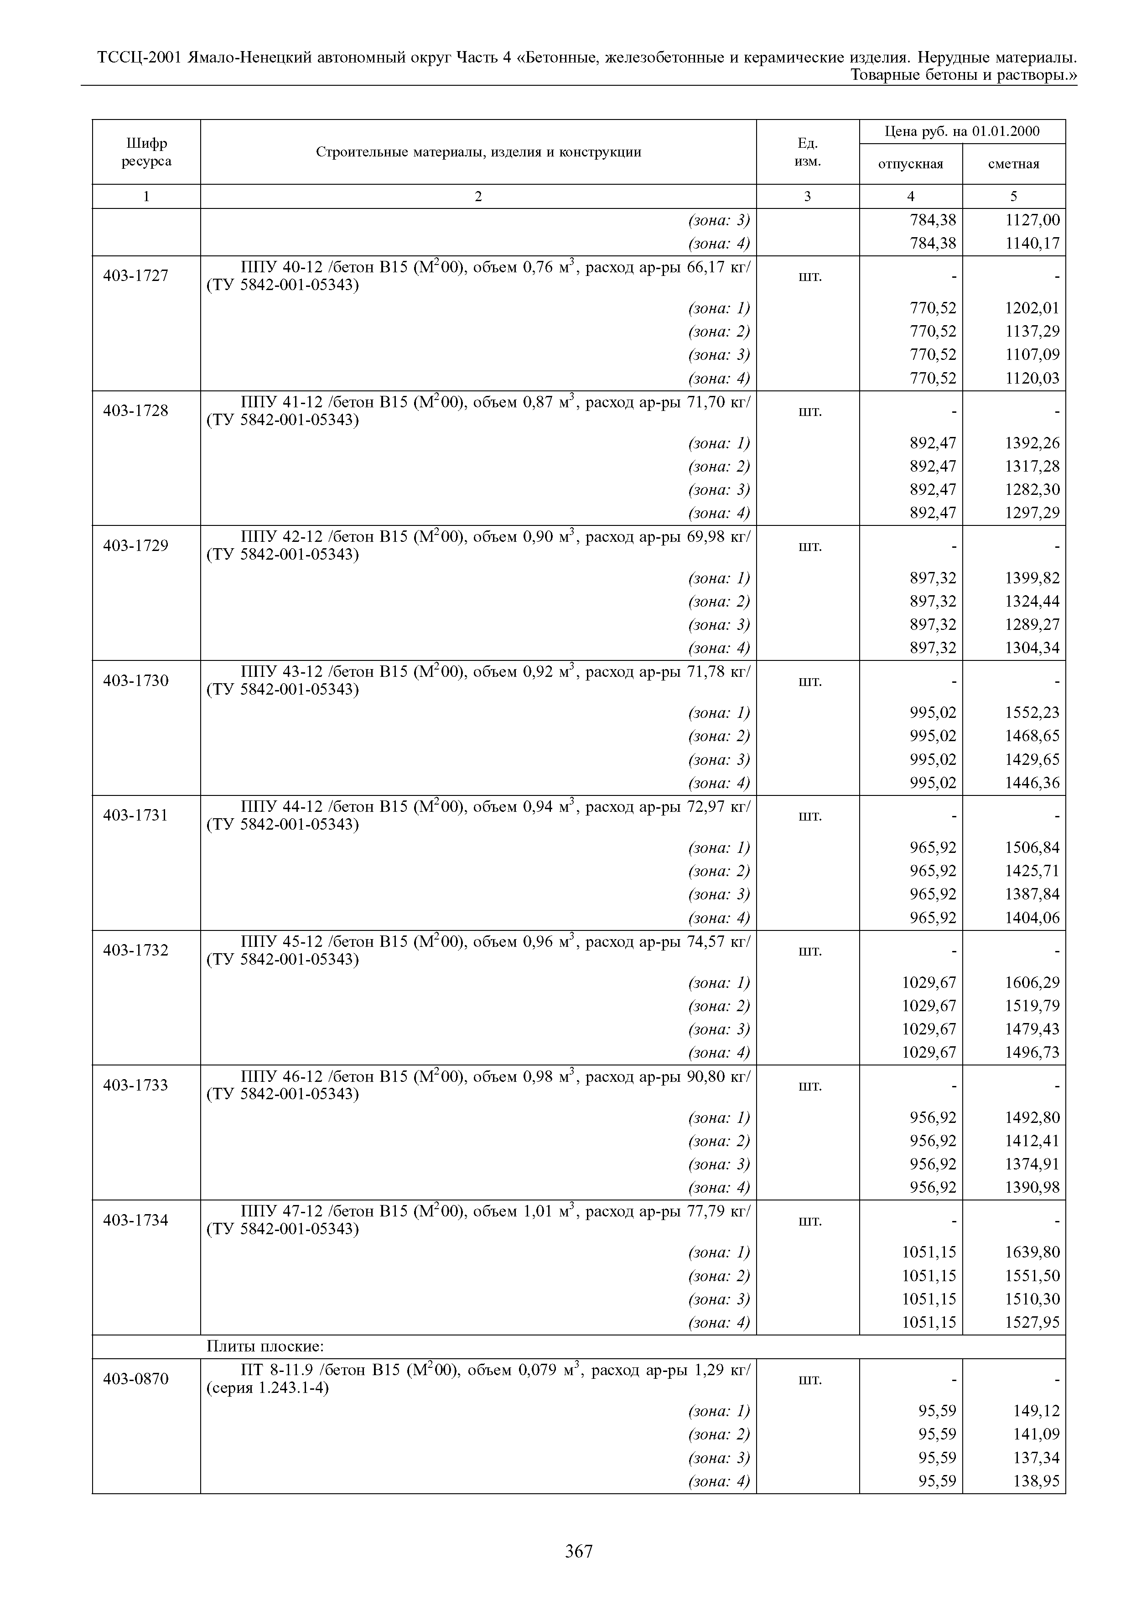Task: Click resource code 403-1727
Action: (136, 276)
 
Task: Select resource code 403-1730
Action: (136, 681)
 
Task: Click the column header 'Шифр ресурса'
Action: (146, 152)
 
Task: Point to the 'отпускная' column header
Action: (910, 165)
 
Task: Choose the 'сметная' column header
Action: (1013, 165)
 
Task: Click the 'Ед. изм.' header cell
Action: (808, 152)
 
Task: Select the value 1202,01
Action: (1031, 308)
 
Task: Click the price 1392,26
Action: (1031, 443)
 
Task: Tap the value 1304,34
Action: (1031, 648)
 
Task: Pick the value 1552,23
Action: (1031, 713)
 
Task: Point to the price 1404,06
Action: (1031, 918)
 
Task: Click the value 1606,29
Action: (1031, 982)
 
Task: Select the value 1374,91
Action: (1031, 1164)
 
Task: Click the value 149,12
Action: (1036, 1411)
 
